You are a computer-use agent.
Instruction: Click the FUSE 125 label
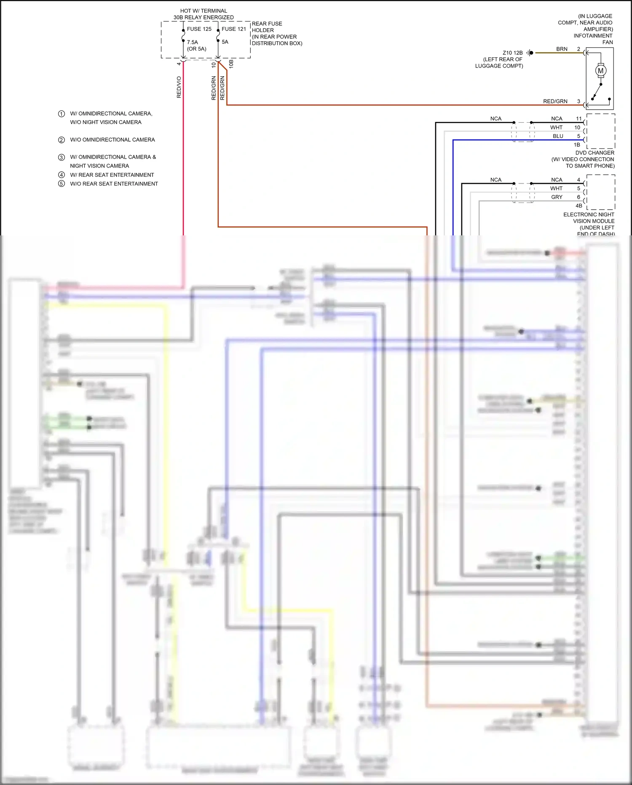pyautogui.click(x=199, y=29)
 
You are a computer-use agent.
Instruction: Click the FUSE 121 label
pyautogui.click(x=234, y=29)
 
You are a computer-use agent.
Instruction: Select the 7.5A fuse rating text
pyautogui.click(x=193, y=42)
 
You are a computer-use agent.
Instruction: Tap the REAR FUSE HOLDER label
pyautogui.click(x=267, y=27)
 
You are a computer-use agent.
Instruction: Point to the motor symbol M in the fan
pyautogui.click(x=601, y=71)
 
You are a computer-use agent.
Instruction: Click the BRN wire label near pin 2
pyautogui.click(x=562, y=49)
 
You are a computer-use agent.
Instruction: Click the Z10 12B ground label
pyautogui.click(x=512, y=53)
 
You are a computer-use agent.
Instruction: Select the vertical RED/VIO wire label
pyautogui.click(x=179, y=87)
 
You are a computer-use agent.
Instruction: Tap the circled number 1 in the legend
pyautogui.click(x=62, y=114)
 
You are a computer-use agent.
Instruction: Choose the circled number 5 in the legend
pyautogui.click(x=62, y=184)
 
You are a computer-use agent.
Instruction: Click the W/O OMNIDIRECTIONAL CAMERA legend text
pyautogui.click(x=112, y=140)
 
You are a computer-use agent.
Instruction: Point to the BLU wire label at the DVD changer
pyautogui.click(x=558, y=136)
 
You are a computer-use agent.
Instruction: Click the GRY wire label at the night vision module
pyautogui.click(x=557, y=197)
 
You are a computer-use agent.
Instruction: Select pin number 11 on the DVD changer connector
pyautogui.click(x=578, y=119)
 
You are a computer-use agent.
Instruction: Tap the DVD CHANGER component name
pyautogui.click(x=595, y=153)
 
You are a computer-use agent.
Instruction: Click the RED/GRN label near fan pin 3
pyautogui.click(x=555, y=101)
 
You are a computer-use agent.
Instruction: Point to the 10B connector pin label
pyautogui.click(x=231, y=64)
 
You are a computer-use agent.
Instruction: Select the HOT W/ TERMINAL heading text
pyautogui.click(x=204, y=11)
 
